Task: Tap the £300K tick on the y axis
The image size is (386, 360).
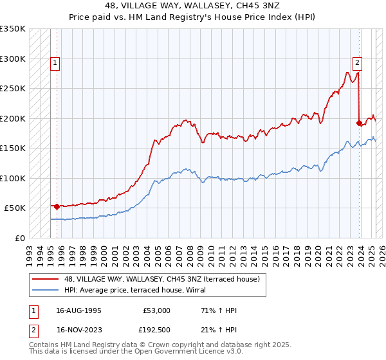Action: click(x=13, y=59)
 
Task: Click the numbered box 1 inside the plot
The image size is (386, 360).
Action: click(x=56, y=63)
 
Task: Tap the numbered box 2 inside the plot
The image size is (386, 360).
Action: click(x=357, y=63)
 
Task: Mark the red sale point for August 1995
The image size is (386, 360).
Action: click(x=57, y=206)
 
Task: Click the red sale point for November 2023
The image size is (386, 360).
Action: click(x=359, y=123)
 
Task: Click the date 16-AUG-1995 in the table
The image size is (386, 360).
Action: click(x=78, y=310)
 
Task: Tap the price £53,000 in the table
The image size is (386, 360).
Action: click(x=156, y=310)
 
